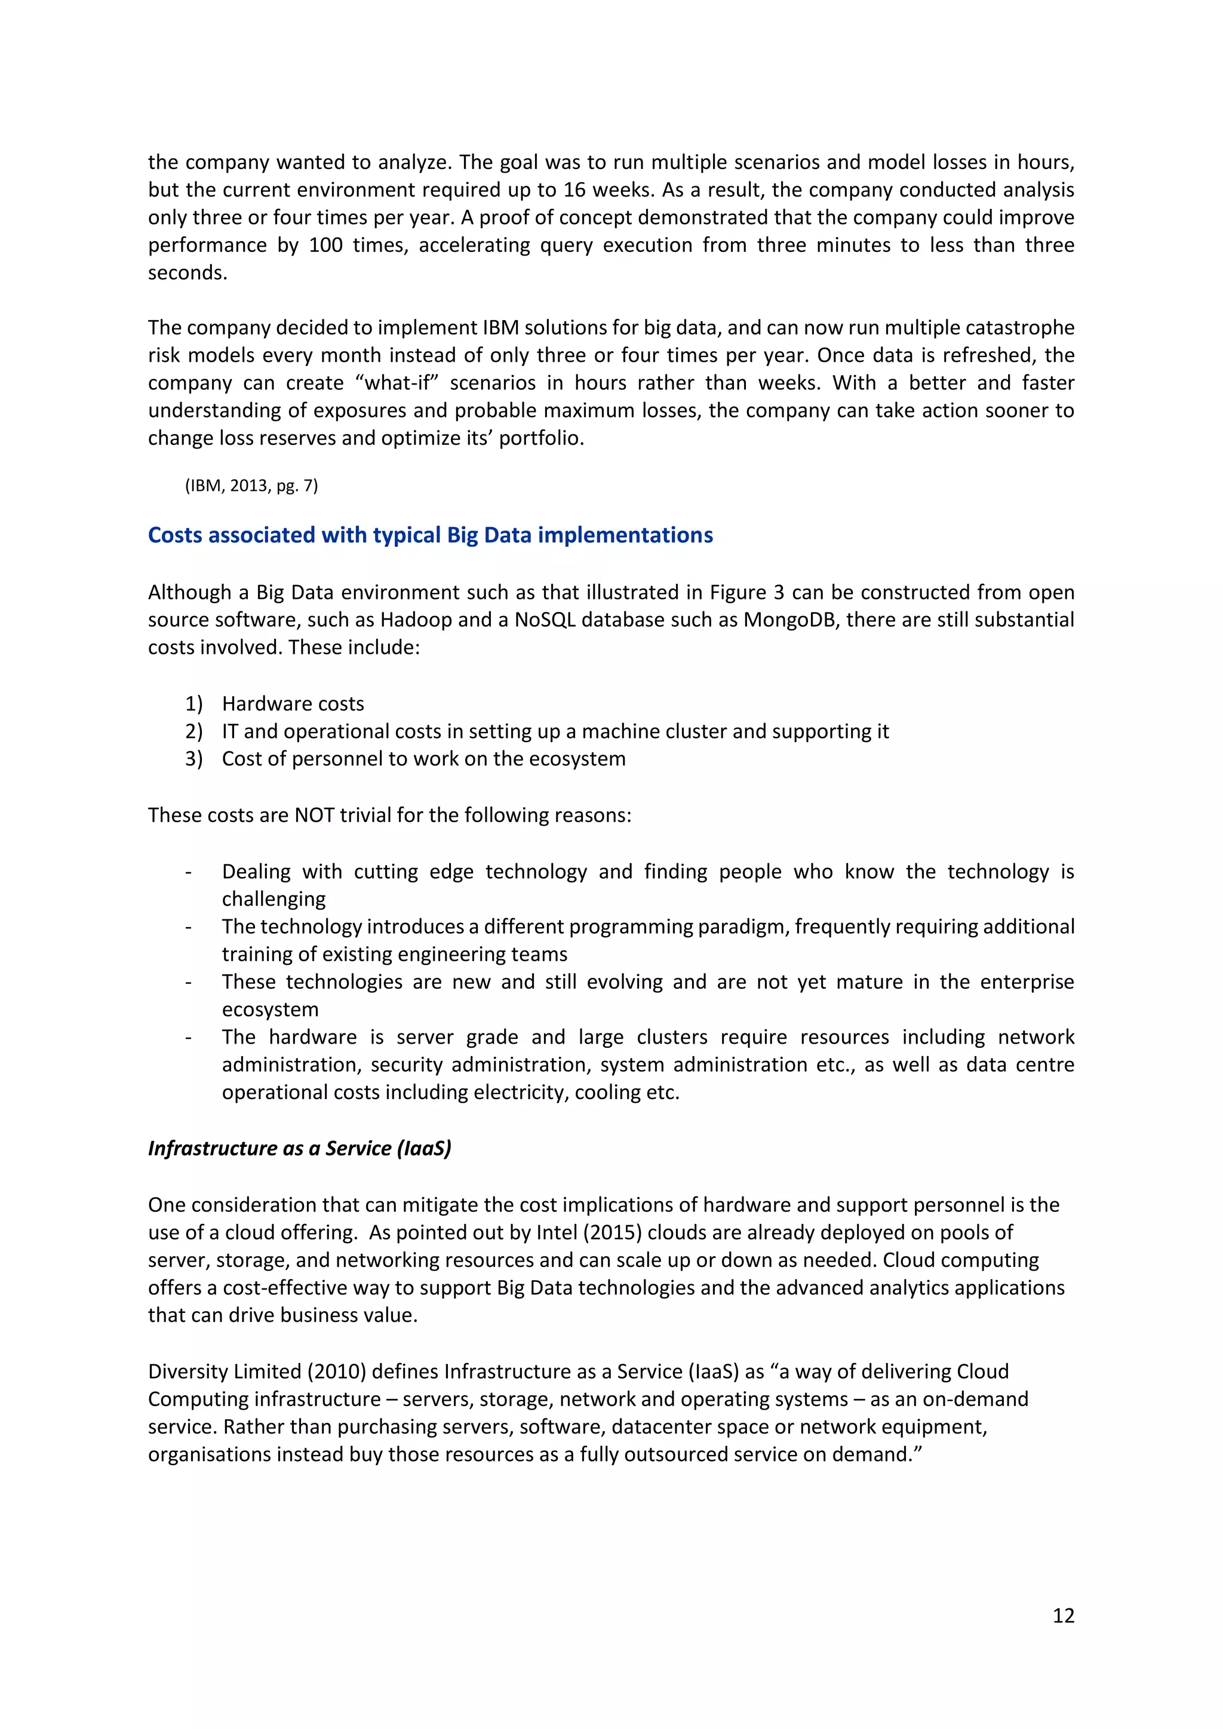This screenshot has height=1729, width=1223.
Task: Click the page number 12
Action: pyautogui.click(x=1062, y=1616)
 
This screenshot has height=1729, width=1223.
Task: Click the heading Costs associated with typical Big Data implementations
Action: pyautogui.click(x=430, y=535)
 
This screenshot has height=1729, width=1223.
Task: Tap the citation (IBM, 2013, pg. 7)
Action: pyautogui.click(x=251, y=486)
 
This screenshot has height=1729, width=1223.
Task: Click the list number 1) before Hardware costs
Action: pyautogui.click(x=193, y=703)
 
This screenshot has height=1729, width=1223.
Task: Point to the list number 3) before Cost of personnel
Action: pyautogui.click(x=193, y=758)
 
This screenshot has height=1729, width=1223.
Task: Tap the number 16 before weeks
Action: pyautogui.click(x=574, y=190)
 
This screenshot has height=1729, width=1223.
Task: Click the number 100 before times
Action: pyautogui.click(x=325, y=245)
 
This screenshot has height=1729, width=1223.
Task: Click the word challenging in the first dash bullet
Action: pyautogui.click(x=274, y=899)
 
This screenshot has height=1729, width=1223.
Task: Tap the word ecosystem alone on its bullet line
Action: pyautogui.click(x=269, y=1009)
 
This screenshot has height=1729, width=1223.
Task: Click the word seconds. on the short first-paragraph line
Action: pyautogui.click(x=188, y=273)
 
